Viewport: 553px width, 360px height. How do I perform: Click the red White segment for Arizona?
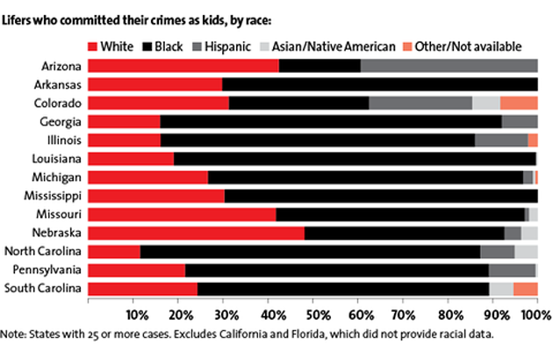(x=183, y=65)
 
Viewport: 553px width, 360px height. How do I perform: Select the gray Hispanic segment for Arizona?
(x=449, y=65)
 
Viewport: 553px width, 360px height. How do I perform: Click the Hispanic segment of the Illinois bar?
(x=501, y=140)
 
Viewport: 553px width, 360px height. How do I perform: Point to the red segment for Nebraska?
(x=197, y=233)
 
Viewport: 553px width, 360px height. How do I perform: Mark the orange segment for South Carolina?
(x=525, y=288)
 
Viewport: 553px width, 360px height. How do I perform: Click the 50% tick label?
(x=313, y=315)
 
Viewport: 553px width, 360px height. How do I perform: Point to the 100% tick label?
(x=534, y=315)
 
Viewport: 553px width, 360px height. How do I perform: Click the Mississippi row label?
(x=55, y=196)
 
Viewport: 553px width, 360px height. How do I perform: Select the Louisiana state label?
(x=59, y=158)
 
